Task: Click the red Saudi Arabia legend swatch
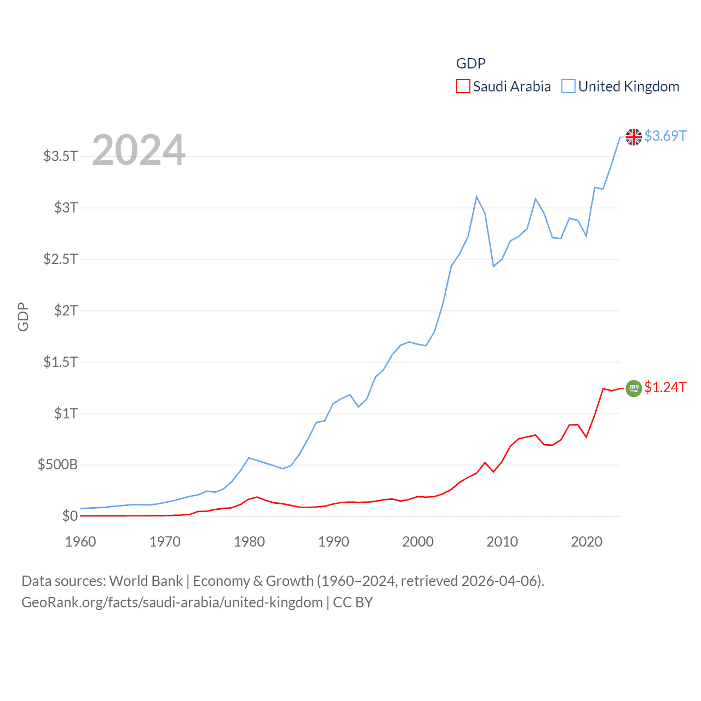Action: tap(463, 87)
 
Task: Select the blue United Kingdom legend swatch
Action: tap(568, 87)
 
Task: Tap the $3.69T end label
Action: tap(665, 136)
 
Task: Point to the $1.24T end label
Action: tap(665, 387)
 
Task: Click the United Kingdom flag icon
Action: tap(634, 137)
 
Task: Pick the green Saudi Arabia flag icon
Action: tap(634, 388)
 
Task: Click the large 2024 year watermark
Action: tap(139, 150)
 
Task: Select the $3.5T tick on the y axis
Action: tap(61, 156)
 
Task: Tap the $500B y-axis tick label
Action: tap(58, 465)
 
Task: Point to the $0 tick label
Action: tap(70, 516)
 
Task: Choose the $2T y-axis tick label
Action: tap(66, 311)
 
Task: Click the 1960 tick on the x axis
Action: tap(81, 542)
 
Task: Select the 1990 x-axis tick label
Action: tap(334, 542)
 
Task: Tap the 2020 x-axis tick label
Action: tap(587, 542)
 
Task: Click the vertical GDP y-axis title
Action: tap(23, 317)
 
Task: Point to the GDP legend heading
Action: tap(470, 64)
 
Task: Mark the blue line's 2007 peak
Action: tap(476, 197)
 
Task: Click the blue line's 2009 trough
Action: tap(493, 266)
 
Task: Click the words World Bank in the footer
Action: tap(146, 581)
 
